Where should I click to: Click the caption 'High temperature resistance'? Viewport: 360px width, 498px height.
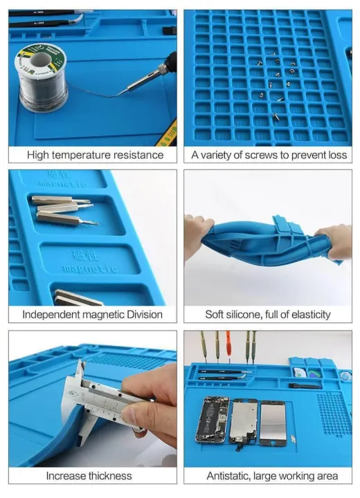point(95,155)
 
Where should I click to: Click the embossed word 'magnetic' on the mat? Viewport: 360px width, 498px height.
point(84,268)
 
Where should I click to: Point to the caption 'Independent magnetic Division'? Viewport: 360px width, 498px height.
point(93,315)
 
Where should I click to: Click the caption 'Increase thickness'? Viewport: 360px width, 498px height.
point(89,476)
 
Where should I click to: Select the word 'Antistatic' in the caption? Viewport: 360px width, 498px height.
point(231,476)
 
